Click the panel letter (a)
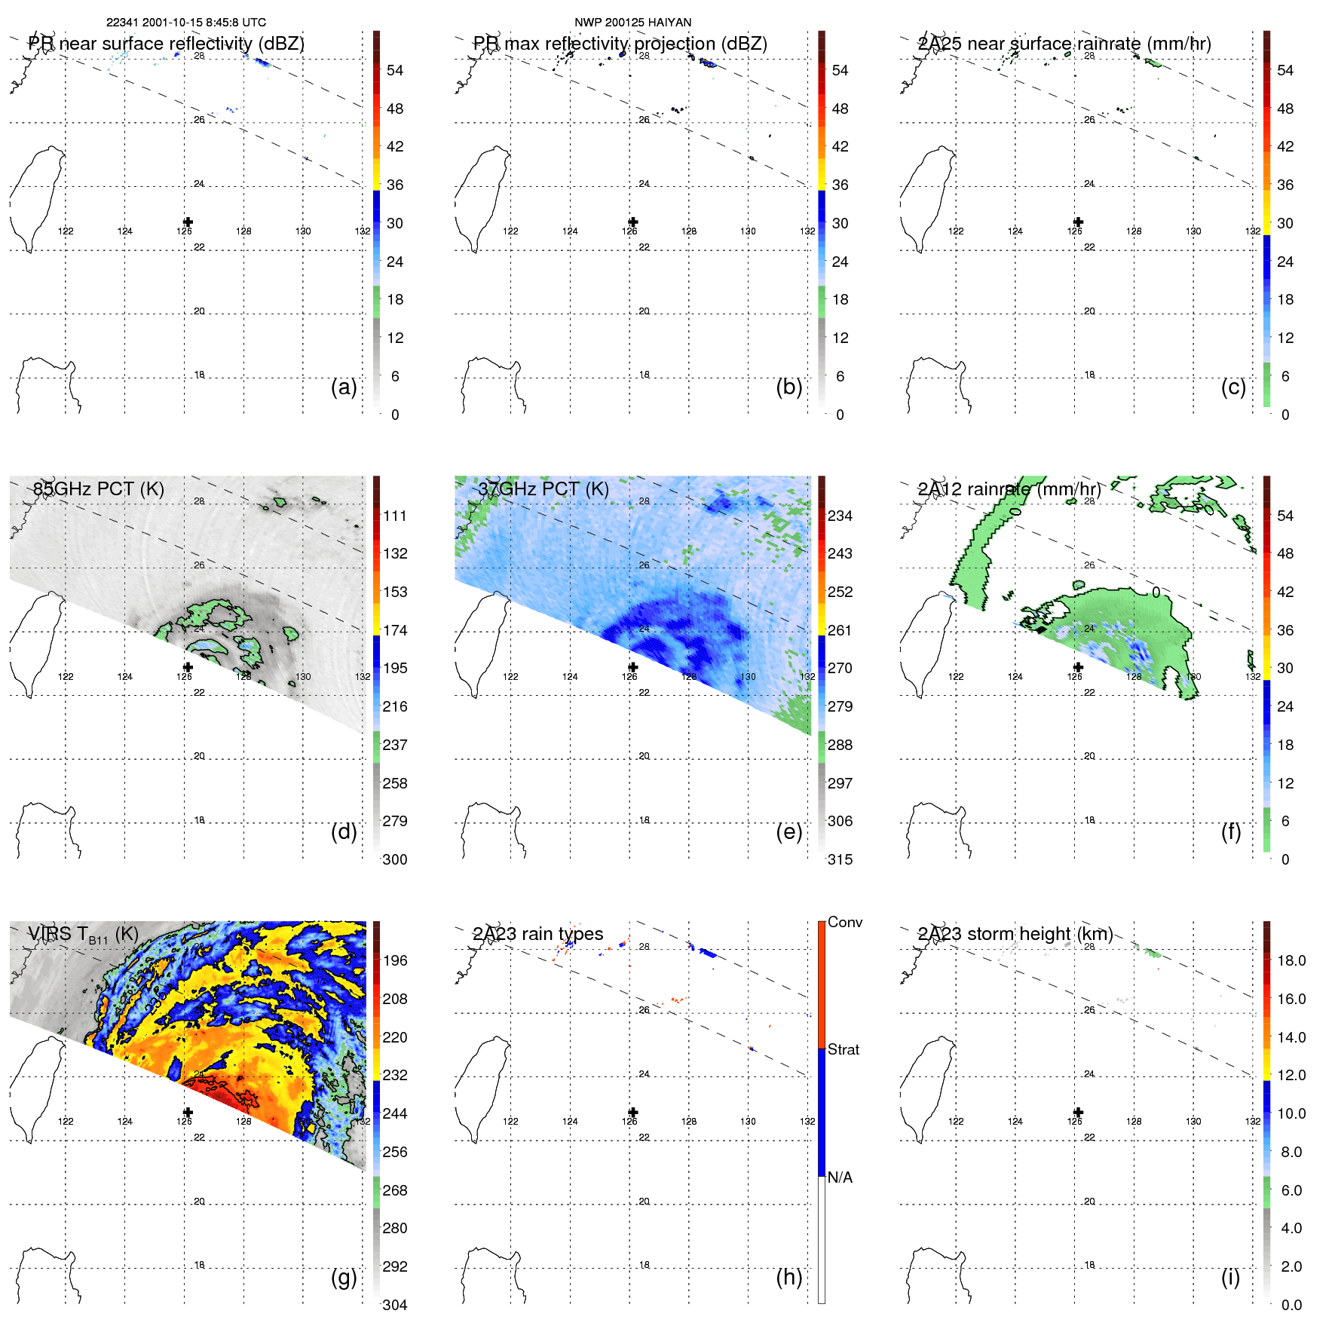point(344,387)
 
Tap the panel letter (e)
point(788,832)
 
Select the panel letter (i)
point(1230,1277)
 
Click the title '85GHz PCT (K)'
point(99,488)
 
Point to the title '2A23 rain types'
point(537,934)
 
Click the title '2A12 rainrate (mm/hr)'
point(1009,488)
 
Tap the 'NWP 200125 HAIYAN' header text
point(632,23)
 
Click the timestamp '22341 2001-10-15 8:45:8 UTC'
point(185,23)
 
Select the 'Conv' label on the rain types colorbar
point(844,922)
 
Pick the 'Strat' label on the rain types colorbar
point(843,1049)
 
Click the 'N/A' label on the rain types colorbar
point(840,1177)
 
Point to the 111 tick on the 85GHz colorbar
point(395,516)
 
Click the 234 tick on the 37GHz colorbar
point(840,516)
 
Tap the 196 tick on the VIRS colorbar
point(395,960)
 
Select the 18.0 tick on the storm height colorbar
point(1291,960)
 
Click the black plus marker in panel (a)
point(188,222)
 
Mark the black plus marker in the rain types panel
point(633,1112)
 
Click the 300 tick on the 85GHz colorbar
point(395,859)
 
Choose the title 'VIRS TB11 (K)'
point(83,934)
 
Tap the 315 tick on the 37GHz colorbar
point(840,859)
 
